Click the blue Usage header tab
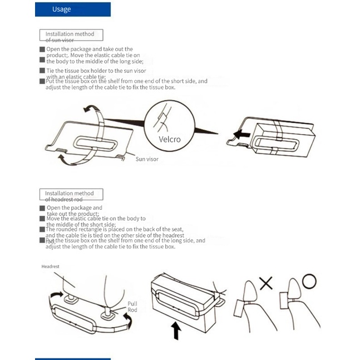72,9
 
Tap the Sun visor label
147,159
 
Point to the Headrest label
50,267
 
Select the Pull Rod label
132,307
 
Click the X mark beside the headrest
267,283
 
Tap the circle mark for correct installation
309,280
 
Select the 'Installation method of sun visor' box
70,36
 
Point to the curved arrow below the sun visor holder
67,160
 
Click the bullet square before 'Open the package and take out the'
42,49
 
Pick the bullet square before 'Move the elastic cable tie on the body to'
42,219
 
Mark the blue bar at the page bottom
72,358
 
